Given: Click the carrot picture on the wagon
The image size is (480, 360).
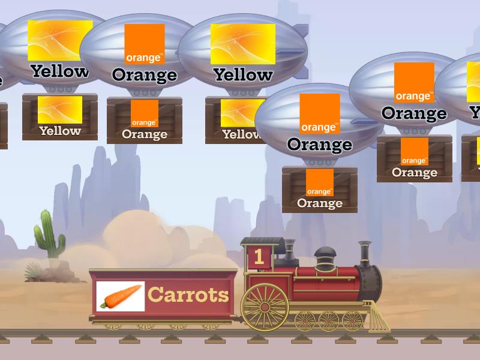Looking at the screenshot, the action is [x=121, y=296].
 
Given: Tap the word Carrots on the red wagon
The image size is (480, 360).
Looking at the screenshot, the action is [x=188, y=295].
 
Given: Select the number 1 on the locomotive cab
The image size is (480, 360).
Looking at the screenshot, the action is [x=259, y=257].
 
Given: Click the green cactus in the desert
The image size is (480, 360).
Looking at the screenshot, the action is [x=49, y=234].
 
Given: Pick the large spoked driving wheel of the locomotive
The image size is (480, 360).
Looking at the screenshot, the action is [x=265, y=307].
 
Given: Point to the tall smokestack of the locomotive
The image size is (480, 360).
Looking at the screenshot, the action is [x=365, y=254].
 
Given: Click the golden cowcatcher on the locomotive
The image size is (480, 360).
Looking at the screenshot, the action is [x=379, y=317].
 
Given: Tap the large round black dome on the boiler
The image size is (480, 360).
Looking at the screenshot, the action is [x=325, y=258].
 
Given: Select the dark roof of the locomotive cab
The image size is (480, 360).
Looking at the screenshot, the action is [x=263, y=241].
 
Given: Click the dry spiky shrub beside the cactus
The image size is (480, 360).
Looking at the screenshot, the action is [x=34, y=271].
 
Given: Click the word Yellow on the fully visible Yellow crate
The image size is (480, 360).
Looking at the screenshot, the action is [x=61, y=131].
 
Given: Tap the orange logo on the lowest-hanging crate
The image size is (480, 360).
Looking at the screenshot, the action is [x=320, y=182].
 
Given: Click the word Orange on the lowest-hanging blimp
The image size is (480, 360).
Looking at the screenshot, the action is [x=320, y=145].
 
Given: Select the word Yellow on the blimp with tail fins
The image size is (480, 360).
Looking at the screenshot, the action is [x=243, y=74].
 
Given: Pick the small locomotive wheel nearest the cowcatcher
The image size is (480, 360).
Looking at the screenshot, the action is [x=352, y=321].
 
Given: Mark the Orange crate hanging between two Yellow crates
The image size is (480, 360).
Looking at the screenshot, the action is [x=145, y=121].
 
